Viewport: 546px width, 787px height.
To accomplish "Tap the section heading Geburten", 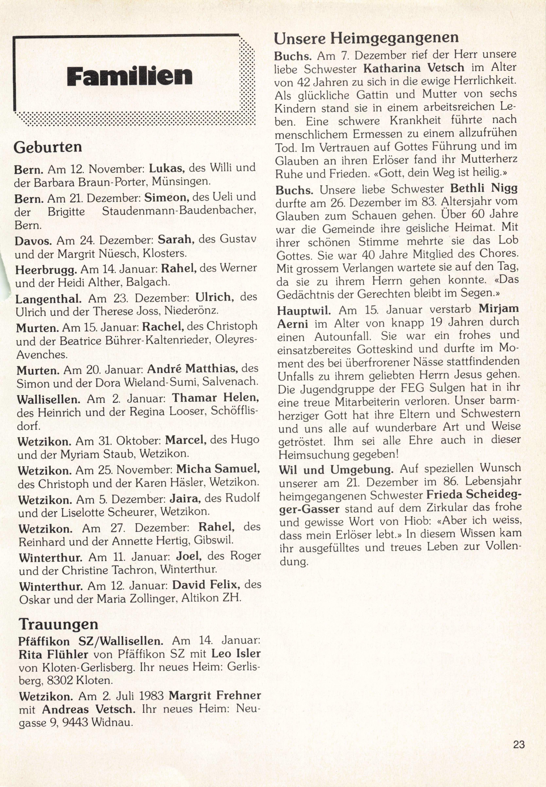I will click(x=48, y=147).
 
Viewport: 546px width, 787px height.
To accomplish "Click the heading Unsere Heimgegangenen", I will click(x=366, y=38).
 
